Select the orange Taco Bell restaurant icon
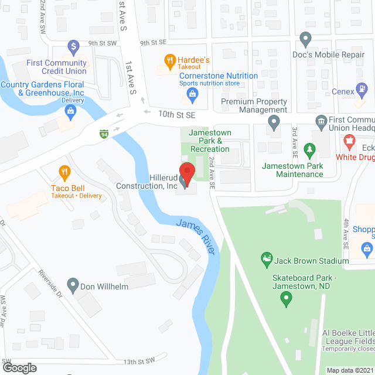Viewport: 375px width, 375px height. coord(64,172)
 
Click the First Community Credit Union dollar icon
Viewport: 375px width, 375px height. coord(73,45)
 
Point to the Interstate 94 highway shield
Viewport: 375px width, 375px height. coord(104,134)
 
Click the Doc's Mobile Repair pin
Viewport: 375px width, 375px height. coord(305,40)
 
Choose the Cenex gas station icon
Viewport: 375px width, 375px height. coord(364,90)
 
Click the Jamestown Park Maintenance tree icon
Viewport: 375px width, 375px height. coord(309,152)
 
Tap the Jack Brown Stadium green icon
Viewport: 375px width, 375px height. coord(266,258)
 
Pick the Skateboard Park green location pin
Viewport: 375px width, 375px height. coord(287,299)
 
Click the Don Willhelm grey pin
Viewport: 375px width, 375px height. coord(73,287)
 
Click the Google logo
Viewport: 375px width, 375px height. coord(19,367)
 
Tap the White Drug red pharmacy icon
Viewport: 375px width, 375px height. coord(350,142)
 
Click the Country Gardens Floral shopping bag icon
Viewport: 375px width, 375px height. coord(70,111)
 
